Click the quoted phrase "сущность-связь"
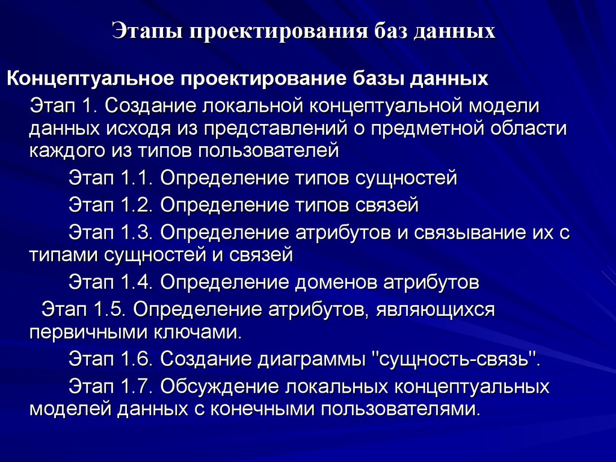(454, 360)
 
